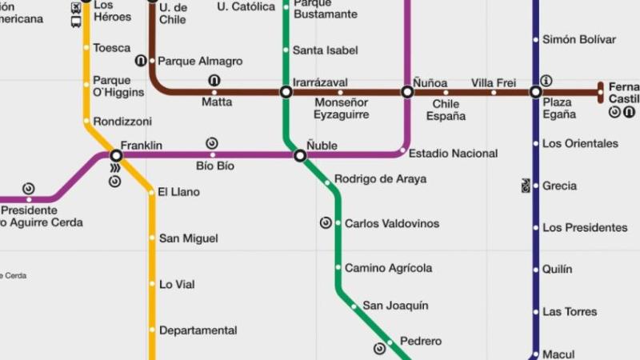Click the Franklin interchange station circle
[x=116, y=155]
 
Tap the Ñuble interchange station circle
[x=300, y=156]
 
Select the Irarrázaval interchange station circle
[x=286, y=93]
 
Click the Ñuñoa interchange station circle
[x=407, y=93]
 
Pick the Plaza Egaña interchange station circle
[x=536, y=93]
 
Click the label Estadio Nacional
[x=453, y=154]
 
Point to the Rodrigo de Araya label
[x=380, y=179]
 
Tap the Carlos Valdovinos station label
[x=391, y=224]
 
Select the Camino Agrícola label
[x=388, y=268]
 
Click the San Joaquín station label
[x=395, y=306]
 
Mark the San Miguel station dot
[x=151, y=238]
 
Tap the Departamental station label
[x=198, y=330]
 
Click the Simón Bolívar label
[x=579, y=40]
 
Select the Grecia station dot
[x=536, y=186]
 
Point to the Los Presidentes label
[x=585, y=228]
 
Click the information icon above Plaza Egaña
[x=546, y=81]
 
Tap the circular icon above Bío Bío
[x=212, y=143]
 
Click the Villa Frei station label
[x=494, y=83]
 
